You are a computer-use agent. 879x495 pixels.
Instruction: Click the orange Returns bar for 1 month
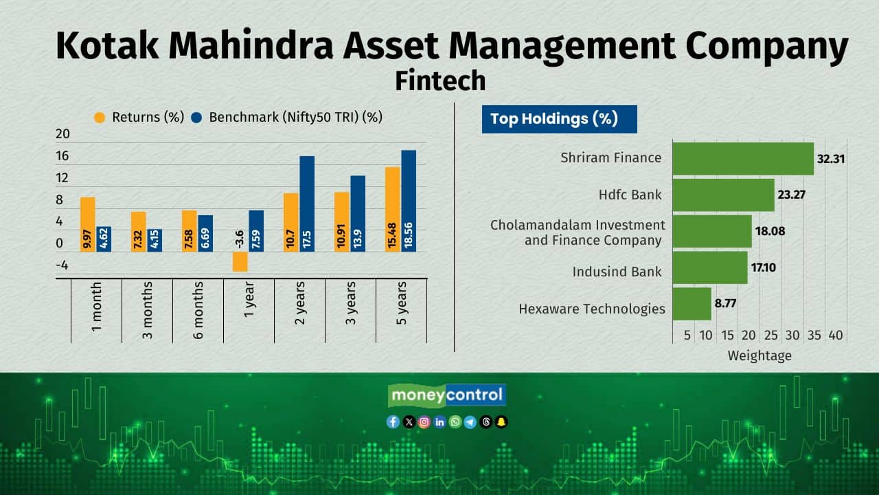click(88, 224)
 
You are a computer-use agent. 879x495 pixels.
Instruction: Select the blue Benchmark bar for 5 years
click(409, 201)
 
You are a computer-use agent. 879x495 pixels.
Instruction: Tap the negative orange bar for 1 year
click(240, 262)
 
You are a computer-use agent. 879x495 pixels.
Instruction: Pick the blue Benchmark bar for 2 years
click(307, 204)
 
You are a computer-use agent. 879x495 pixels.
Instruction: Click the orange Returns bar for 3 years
click(342, 222)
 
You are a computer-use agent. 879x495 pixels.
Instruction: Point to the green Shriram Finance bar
click(743, 159)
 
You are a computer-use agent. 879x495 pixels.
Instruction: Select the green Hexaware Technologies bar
click(692, 304)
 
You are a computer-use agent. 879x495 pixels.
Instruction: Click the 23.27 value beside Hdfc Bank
click(791, 195)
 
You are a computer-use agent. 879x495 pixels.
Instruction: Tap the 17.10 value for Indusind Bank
click(763, 267)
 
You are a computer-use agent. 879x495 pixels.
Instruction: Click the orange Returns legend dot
click(100, 118)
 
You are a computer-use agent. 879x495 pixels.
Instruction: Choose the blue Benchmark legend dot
click(196, 118)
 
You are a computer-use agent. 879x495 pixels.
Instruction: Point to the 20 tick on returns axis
click(62, 134)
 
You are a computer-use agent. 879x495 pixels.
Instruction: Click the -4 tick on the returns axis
click(62, 265)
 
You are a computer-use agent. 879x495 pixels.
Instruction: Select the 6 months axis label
click(198, 310)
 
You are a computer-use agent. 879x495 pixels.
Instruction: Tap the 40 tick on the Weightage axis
click(836, 335)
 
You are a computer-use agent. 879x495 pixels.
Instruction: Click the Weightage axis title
click(760, 356)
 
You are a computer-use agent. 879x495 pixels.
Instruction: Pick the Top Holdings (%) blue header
click(560, 119)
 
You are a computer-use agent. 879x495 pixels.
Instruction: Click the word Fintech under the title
click(440, 80)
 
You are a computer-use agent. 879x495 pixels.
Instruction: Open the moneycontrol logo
click(447, 395)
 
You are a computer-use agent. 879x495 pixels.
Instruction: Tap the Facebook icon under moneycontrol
click(393, 422)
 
